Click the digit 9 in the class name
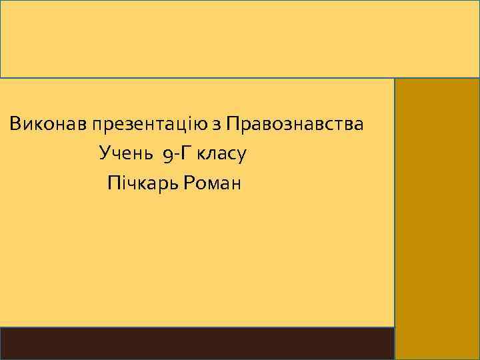click(x=167, y=155)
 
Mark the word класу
click(x=222, y=154)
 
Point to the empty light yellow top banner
click(x=240, y=39)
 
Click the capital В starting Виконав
click(x=15, y=124)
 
